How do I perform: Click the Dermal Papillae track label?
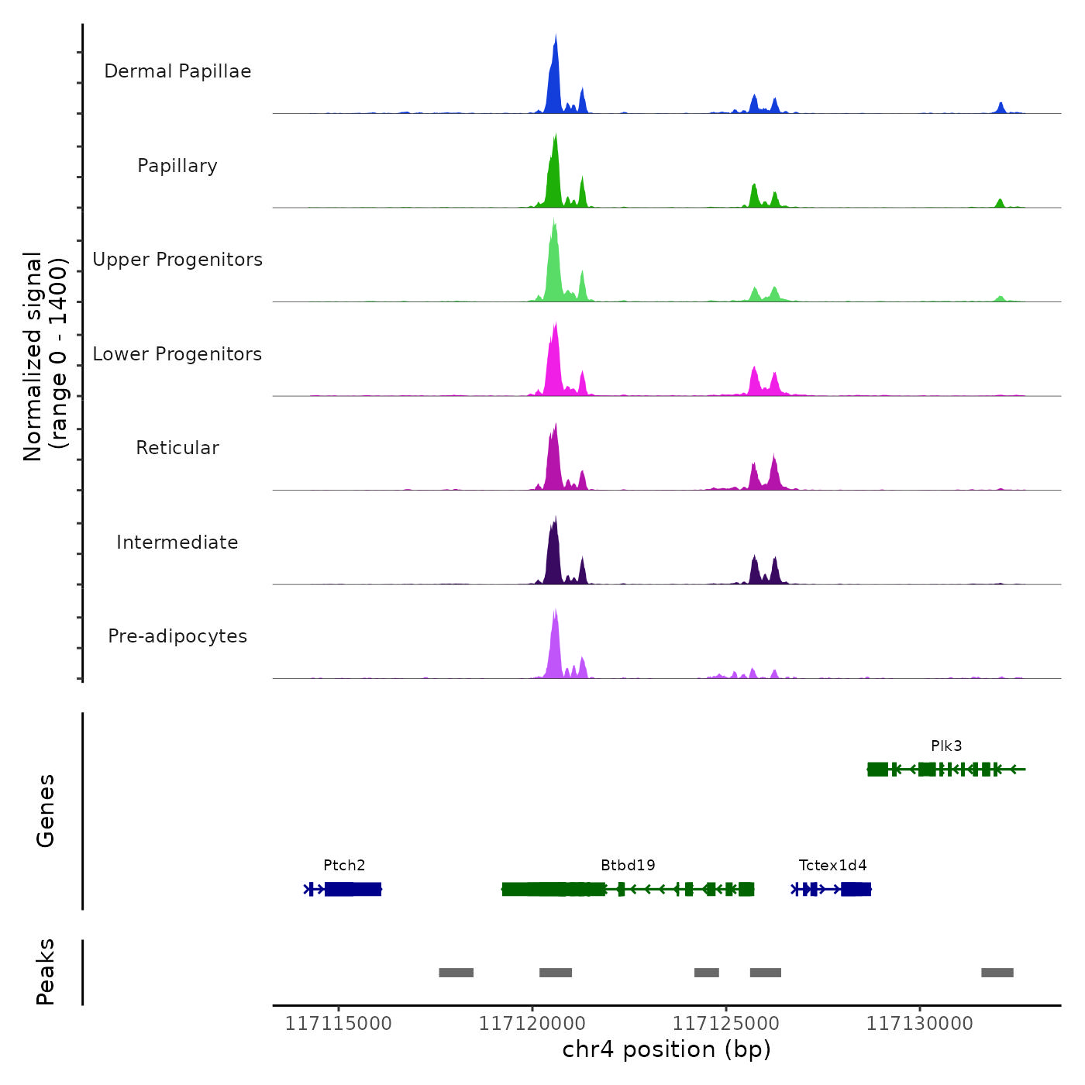coord(177,71)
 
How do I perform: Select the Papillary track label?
coord(177,166)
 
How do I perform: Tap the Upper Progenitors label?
coord(177,260)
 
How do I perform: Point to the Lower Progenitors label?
coord(177,354)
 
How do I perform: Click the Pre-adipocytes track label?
coord(177,636)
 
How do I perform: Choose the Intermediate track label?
coord(177,542)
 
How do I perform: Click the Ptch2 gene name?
coord(344,865)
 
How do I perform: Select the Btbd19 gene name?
coord(628,865)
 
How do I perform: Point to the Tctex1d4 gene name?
coord(832,865)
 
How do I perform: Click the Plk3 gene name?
coord(946,746)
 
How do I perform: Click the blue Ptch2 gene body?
coord(353,889)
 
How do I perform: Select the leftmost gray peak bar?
coord(456,973)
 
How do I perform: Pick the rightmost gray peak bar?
coord(997,973)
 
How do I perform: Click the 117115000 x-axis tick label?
coord(338,1024)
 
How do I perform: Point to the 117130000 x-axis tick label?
coord(919,1024)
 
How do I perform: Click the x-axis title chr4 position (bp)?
coord(666,1049)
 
